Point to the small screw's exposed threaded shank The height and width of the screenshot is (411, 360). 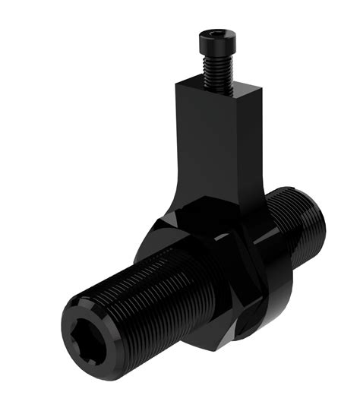click(218, 72)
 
